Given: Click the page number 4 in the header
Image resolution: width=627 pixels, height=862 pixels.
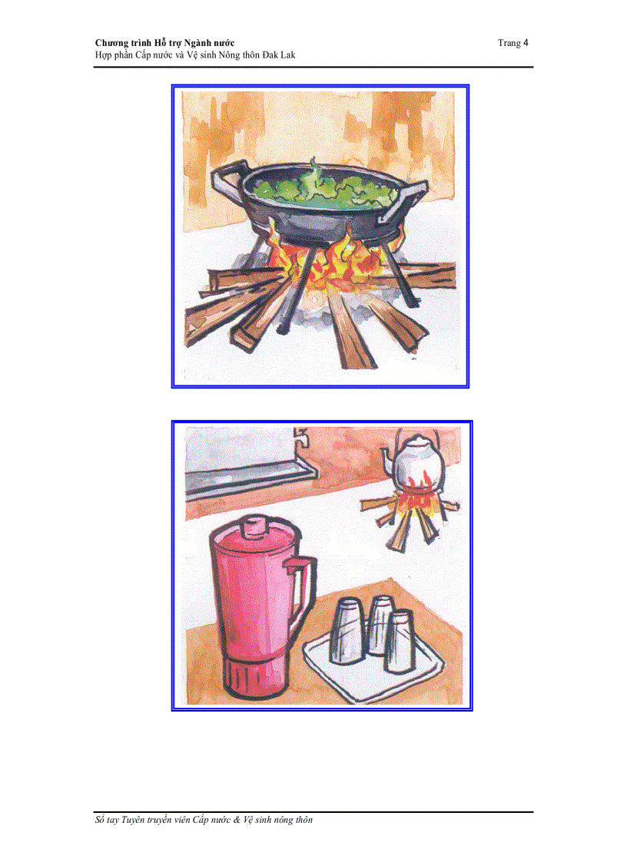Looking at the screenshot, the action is coord(526,43).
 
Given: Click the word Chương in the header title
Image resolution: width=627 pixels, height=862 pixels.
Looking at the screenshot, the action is coord(111,44).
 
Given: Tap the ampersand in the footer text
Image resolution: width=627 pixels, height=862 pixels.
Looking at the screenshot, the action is coord(237,820).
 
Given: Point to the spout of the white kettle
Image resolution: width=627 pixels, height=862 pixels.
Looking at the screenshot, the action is coord(386,460).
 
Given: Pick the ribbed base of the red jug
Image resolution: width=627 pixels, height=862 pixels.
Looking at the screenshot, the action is coord(255,677).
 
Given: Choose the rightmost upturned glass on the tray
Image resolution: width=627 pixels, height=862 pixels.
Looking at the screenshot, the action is coord(400,642).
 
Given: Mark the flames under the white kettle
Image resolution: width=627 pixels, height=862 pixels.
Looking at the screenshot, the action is coord(420,494).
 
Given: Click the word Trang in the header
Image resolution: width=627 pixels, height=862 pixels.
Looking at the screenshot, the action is coord(509,44).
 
